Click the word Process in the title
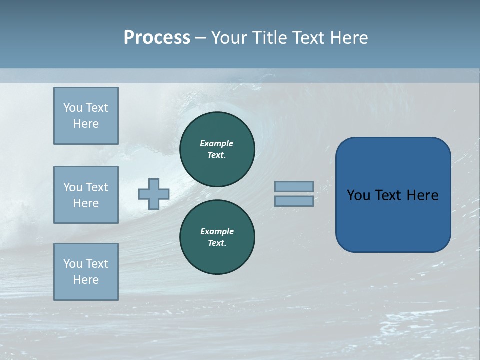pos(157,38)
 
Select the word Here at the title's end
pos(348,38)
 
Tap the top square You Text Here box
pos(86,116)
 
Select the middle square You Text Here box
pos(86,195)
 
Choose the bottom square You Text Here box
pos(86,271)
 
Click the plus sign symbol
pos(154,194)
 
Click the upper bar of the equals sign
pos(294,186)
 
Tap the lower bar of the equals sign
pos(294,201)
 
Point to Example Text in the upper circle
pos(217,149)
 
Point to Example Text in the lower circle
pos(217,237)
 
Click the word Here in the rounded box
pos(422,195)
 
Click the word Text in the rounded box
pos(389,195)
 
